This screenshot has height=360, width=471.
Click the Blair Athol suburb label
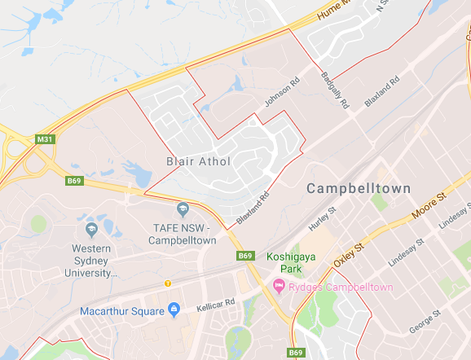(x=199, y=161)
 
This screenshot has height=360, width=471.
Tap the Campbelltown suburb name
(x=356, y=188)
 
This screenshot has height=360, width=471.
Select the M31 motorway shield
(x=46, y=140)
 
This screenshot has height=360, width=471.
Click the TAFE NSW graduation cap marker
(x=183, y=210)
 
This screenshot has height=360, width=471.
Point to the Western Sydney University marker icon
(x=91, y=229)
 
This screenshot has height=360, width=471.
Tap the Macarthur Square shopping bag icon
(x=174, y=310)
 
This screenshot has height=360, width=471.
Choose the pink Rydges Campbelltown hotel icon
(x=279, y=286)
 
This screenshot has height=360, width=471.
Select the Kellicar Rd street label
(x=215, y=306)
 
